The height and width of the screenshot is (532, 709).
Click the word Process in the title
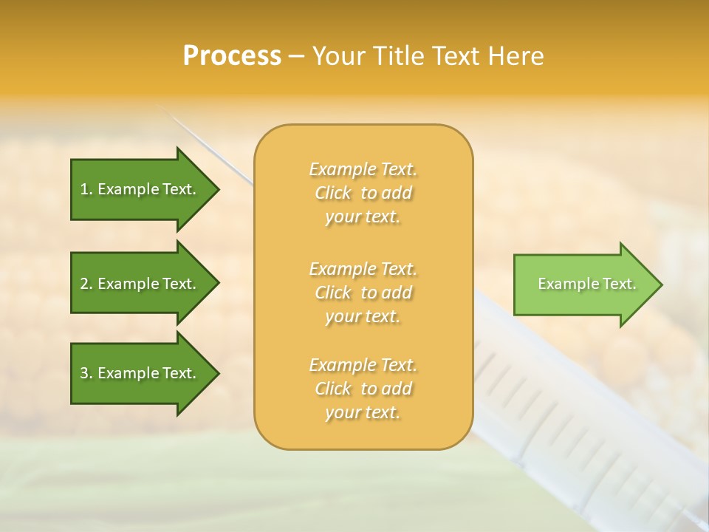point(232,56)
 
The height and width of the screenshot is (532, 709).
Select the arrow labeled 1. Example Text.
point(140,189)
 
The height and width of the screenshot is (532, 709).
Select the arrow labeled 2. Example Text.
point(140,284)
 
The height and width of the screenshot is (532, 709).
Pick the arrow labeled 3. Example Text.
point(140,373)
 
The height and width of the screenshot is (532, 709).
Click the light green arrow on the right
point(583,284)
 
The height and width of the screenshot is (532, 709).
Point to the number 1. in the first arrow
point(86,190)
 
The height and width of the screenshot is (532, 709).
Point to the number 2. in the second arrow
point(86,284)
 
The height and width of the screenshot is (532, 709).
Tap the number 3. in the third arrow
point(86,374)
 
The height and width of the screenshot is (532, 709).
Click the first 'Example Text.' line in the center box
point(363,169)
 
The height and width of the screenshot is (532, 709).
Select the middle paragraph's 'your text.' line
point(363,316)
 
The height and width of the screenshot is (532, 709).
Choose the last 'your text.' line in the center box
point(363,413)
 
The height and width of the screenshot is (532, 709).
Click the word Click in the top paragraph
point(333,193)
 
